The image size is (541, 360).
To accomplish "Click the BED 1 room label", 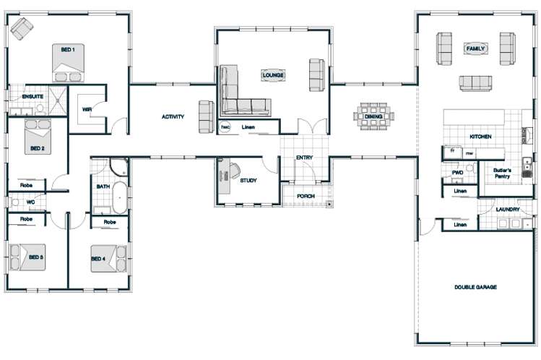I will pyautogui.click(x=67, y=49).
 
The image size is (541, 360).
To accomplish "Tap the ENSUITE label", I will pyautogui.click(x=33, y=96).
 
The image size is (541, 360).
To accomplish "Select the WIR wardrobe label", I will pyautogui.click(x=87, y=111).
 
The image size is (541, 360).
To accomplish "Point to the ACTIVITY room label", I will pyautogui.click(x=173, y=116).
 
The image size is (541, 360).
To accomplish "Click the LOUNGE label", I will pyautogui.click(x=273, y=75).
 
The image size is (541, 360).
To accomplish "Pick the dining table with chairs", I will pyautogui.click(x=373, y=116).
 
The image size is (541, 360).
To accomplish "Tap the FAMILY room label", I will pyautogui.click(x=476, y=49).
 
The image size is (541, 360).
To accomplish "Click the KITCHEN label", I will pyautogui.click(x=480, y=136).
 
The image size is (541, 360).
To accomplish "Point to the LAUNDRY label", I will pyautogui.click(x=508, y=210).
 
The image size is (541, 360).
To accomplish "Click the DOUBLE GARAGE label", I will pyautogui.click(x=475, y=287).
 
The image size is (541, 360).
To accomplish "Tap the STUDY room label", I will pyautogui.click(x=249, y=181).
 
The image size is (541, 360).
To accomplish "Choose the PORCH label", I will pyautogui.click(x=306, y=196).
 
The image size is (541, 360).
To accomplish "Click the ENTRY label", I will pyautogui.click(x=304, y=158).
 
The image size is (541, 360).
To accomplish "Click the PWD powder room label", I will pyautogui.click(x=456, y=173).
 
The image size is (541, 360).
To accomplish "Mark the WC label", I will pyautogui.click(x=30, y=202).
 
